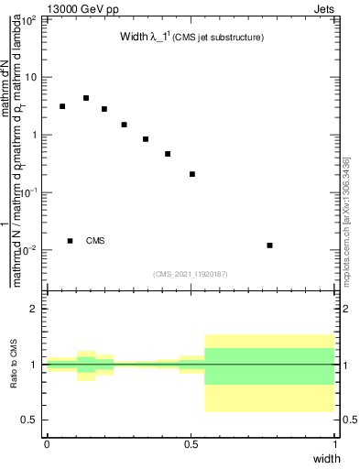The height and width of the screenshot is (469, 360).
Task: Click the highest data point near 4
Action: point(86,98)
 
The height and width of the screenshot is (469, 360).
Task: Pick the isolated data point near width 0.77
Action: point(269,245)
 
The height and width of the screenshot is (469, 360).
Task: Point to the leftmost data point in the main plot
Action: point(62,106)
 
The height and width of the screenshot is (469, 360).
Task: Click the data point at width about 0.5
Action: point(192,174)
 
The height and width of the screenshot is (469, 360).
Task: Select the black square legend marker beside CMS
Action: point(71,241)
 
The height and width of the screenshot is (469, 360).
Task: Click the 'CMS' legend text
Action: point(95,241)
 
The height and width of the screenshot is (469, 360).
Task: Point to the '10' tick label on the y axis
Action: point(32,77)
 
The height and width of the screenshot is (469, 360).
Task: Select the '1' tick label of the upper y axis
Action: point(35,135)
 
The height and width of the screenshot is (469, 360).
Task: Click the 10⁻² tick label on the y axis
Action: point(30,250)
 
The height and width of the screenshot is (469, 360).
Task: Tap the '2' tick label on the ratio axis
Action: point(35,309)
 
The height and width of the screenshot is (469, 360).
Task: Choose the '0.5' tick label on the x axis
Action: point(191,443)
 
